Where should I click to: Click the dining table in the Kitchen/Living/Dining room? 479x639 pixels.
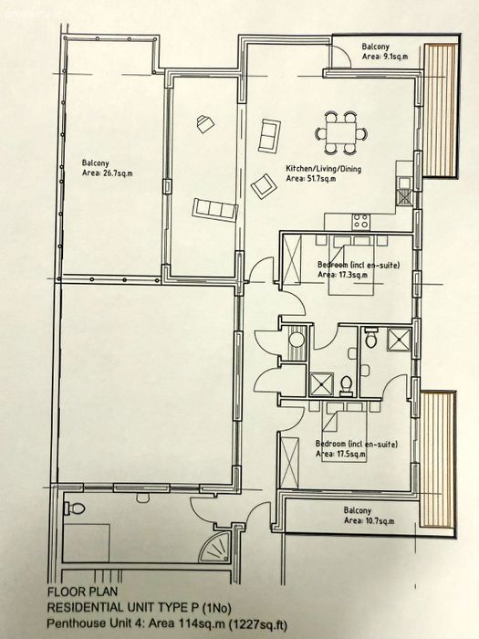[x=340, y=133]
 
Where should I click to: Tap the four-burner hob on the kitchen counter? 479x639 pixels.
[x=361, y=222]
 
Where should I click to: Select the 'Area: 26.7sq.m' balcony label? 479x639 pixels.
[x=108, y=173]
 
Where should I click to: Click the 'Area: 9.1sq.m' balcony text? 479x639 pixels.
[x=385, y=57]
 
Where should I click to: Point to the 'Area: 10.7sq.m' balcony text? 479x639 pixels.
[x=369, y=520]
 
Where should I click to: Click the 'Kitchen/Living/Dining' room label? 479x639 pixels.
[x=323, y=168]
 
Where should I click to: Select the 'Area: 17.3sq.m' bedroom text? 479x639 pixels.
[x=342, y=274]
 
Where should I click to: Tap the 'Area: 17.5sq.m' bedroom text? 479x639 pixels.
[x=340, y=454]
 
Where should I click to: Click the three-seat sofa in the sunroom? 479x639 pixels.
[x=214, y=210]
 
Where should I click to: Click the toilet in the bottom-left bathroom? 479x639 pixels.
[x=74, y=508]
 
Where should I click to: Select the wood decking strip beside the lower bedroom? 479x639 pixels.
[x=437, y=459]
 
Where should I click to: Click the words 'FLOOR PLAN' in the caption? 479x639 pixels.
[x=82, y=592]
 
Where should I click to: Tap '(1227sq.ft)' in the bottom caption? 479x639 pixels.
[x=257, y=623]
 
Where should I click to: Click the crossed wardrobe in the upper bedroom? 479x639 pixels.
[x=292, y=256]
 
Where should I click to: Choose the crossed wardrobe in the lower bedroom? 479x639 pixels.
[x=289, y=462]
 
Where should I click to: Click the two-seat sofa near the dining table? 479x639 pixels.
[x=270, y=136]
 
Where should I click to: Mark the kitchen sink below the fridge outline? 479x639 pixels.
[x=404, y=191]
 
